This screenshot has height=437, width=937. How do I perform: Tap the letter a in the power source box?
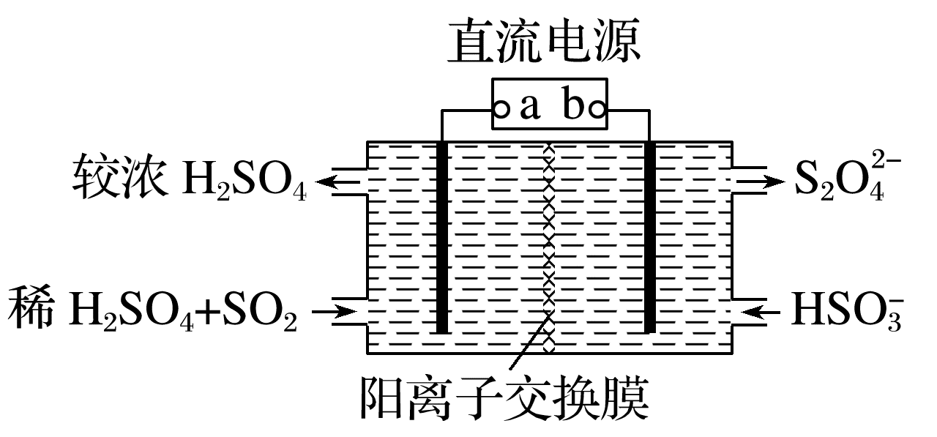pyautogui.click(x=530, y=108)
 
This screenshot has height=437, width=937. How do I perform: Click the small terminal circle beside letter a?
pyautogui.click(x=501, y=110)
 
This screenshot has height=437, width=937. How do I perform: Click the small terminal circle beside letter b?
pyautogui.click(x=597, y=110)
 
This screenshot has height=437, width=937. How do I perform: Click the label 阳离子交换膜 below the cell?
pyautogui.click(x=504, y=398)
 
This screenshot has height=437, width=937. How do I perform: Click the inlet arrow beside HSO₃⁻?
pyautogui.click(x=761, y=313)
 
